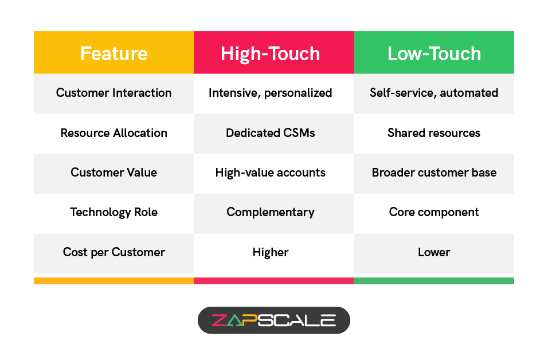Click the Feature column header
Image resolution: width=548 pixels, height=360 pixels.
point(113,53)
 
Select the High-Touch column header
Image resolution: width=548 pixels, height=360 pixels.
point(271,53)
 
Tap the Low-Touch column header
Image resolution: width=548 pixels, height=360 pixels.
point(434,53)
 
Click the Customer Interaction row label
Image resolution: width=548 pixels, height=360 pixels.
point(113,93)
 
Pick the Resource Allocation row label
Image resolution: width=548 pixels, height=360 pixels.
point(113,133)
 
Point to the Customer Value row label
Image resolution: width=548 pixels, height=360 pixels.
point(113,173)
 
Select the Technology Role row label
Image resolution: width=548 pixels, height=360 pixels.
point(113,212)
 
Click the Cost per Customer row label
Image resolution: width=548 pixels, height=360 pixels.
point(113,252)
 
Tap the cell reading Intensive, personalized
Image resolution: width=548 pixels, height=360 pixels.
point(271,93)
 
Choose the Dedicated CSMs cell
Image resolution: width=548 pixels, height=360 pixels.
point(271,133)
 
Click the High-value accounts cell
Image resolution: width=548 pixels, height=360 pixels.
point(271,173)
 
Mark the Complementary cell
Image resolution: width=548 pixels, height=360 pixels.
point(271,212)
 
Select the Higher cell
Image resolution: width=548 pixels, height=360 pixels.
point(271,252)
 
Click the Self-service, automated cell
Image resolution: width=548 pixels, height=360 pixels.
point(434,93)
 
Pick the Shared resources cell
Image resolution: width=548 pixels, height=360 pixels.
point(434,133)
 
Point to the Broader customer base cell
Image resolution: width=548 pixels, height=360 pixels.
point(434,173)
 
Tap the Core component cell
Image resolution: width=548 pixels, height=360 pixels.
point(434,212)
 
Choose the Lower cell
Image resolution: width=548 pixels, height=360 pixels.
point(434,252)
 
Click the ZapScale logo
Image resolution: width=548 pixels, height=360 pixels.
point(273,320)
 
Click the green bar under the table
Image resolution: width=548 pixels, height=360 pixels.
point(434,281)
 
